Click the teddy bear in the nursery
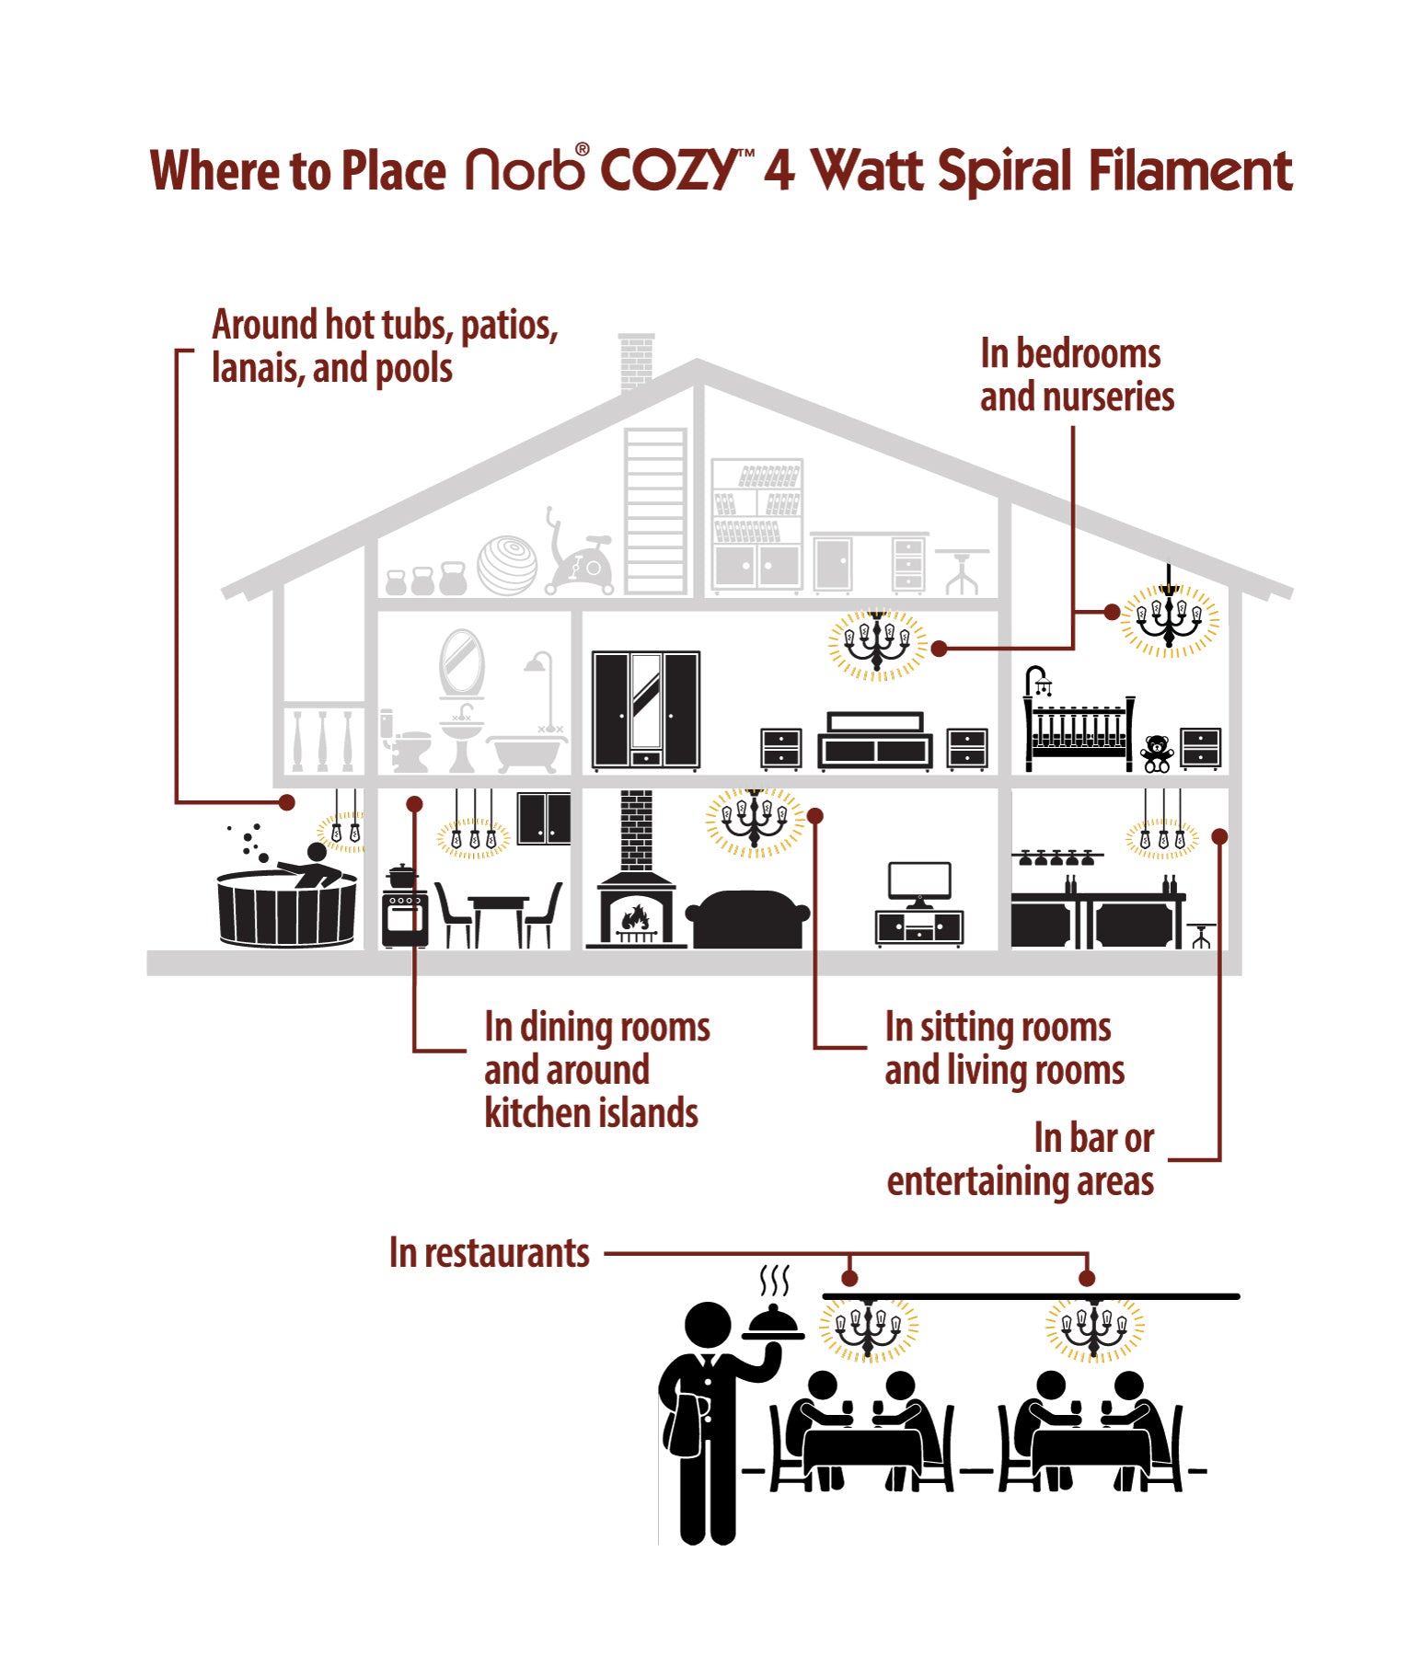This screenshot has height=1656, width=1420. click(1156, 753)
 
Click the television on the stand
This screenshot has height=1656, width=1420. click(918, 881)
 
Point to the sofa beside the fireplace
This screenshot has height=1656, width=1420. click(747, 918)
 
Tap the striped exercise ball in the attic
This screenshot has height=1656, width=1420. click(507, 565)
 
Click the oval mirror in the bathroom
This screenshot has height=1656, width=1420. click(461, 662)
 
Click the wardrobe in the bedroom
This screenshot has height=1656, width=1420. click(645, 709)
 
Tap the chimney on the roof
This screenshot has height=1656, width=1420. click(636, 361)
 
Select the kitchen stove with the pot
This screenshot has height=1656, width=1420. click(404, 911)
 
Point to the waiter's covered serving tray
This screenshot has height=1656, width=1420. click(774, 1322)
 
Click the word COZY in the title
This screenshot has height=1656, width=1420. click(669, 171)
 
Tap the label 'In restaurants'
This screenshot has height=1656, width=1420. click(489, 1253)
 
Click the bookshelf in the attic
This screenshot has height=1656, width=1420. click(756, 524)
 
